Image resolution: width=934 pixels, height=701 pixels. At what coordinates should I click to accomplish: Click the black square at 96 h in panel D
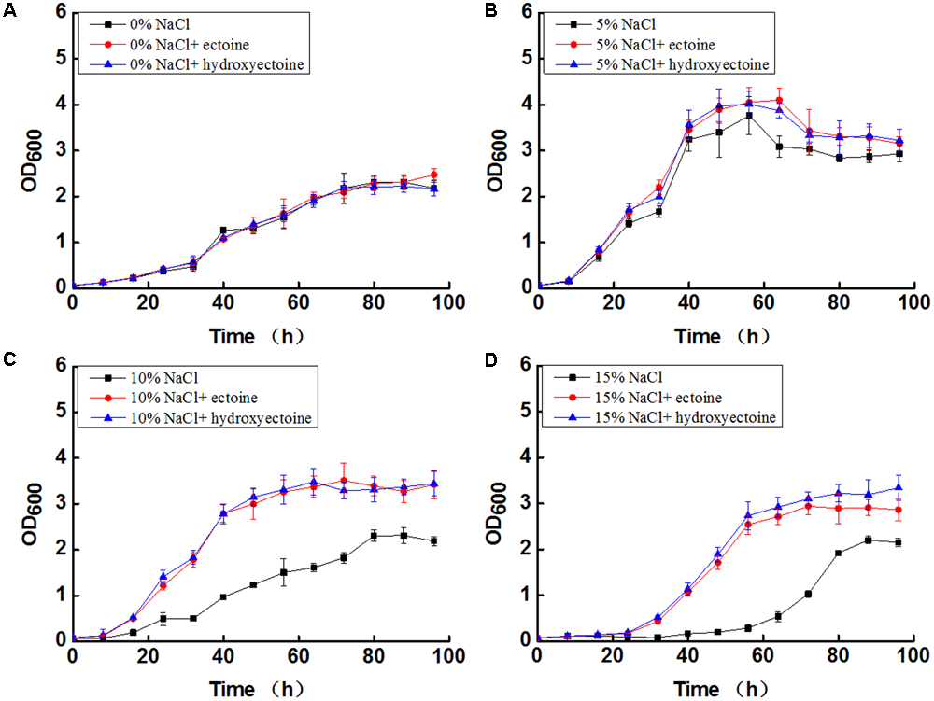899,542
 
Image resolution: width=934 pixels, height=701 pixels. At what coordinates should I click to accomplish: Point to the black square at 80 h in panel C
374,535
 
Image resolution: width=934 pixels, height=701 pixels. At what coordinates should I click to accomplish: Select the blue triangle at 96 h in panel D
899,487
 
